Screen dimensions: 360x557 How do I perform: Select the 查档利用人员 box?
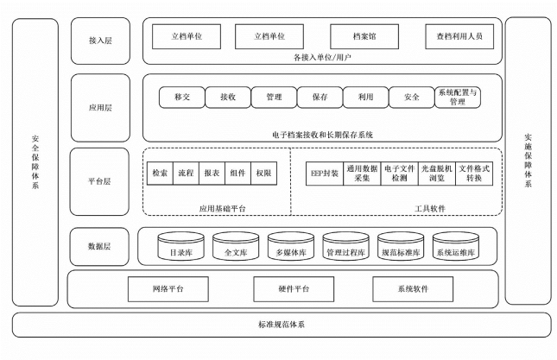coord(459,36)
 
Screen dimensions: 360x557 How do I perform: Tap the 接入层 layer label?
coord(101,41)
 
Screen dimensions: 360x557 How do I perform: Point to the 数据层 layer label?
coord(101,246)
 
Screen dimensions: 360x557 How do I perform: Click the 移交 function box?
coord(181,98)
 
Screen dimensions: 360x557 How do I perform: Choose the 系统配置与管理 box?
coord(458,98)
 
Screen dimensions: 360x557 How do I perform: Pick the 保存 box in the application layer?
coord(320,98)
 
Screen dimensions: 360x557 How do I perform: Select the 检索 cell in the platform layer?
coord(161,173)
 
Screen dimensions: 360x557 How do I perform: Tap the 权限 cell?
coord(263,173)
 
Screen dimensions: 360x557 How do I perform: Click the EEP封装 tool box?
coord(325,173)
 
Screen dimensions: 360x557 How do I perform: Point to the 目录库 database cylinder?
coord(180,248)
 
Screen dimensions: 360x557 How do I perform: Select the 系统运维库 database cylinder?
coord(456,248)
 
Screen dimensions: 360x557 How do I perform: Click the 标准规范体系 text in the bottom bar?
coord(281,325)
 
